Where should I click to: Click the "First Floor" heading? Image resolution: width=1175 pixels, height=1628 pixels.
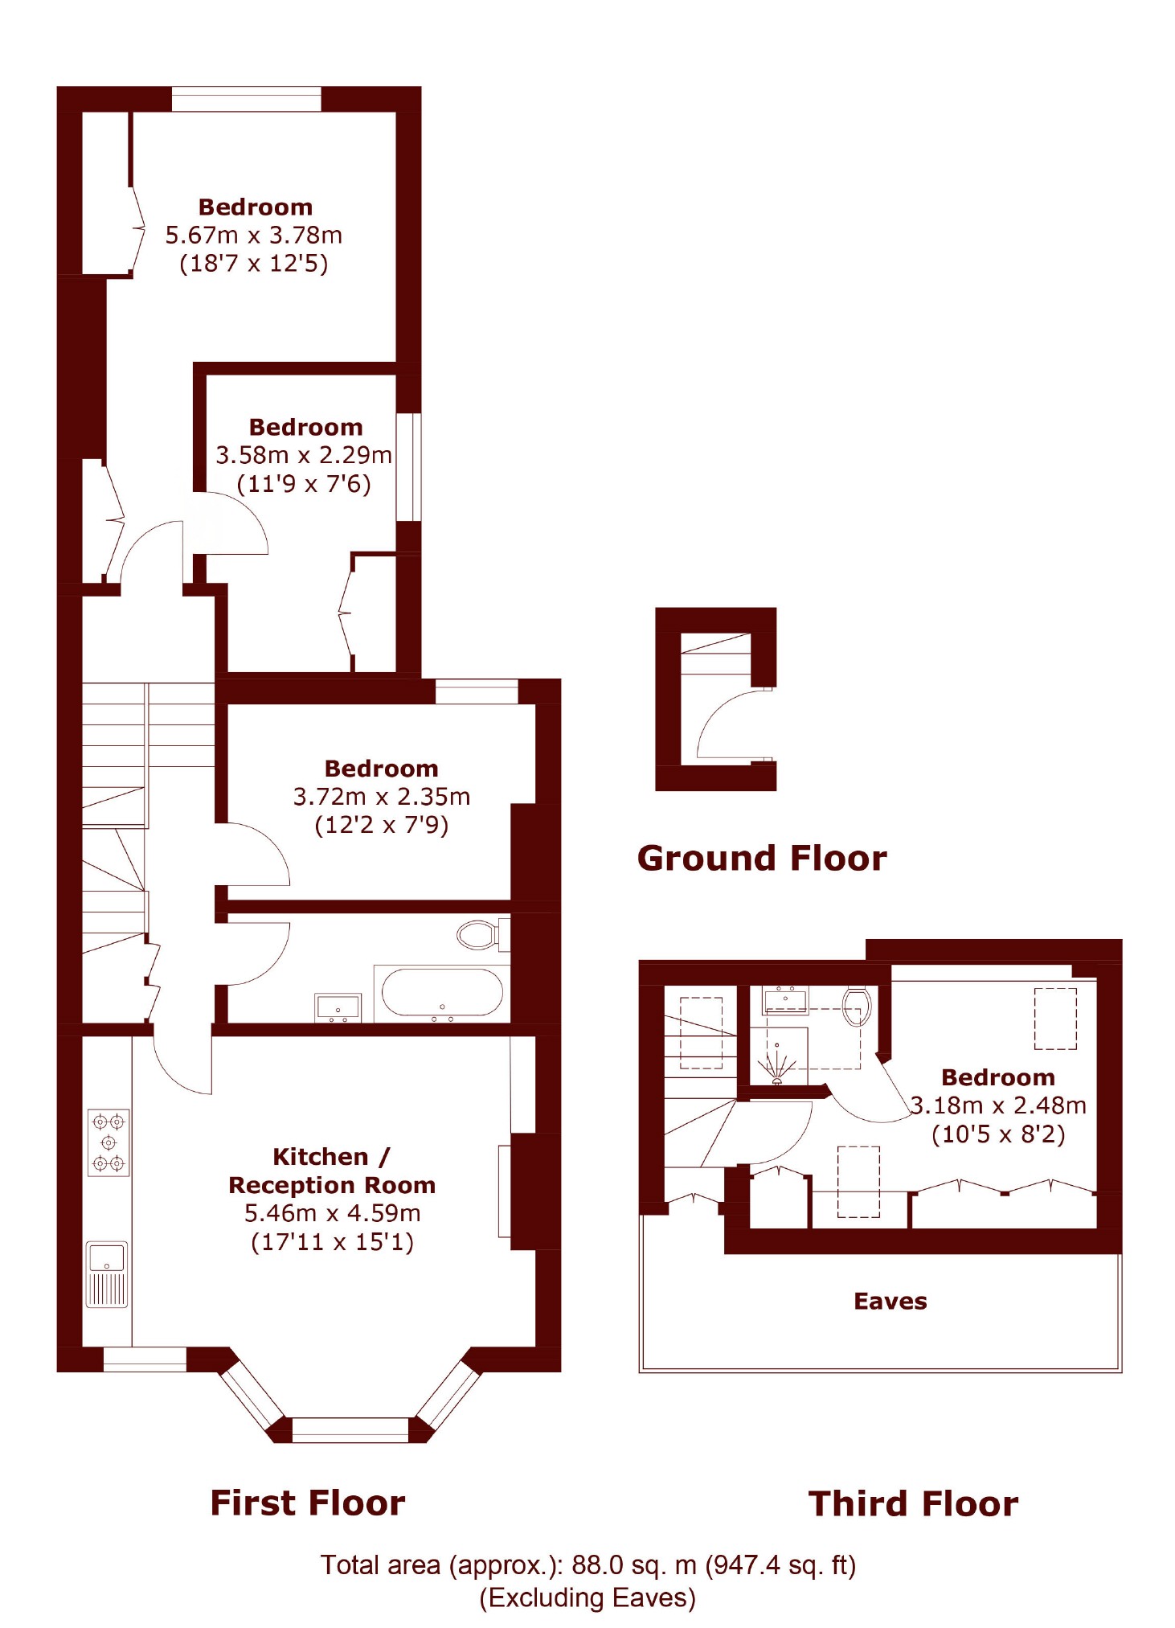(308, 1503)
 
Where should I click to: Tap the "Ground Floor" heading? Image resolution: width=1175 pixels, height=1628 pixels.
(762, 859)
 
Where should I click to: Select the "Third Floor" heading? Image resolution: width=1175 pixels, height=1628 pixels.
(914, 1504)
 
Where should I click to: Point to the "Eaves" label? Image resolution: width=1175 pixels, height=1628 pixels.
(890, 1302)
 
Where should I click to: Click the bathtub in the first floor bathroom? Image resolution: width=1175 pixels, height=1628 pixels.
(442, 993)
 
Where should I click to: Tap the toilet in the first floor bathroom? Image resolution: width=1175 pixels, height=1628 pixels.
(482, 934)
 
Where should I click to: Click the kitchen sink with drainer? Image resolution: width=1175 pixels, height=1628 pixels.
(107, 1275)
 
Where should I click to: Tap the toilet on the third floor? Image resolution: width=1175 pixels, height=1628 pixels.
(858, 1007)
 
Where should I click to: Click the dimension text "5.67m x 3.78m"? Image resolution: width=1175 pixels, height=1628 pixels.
(254, 236)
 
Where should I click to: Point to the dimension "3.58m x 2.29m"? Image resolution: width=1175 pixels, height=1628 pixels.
(304, 456)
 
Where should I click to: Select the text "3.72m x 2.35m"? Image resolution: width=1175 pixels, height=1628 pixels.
(382, 797)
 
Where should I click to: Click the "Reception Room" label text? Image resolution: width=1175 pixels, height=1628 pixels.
(332, 1185)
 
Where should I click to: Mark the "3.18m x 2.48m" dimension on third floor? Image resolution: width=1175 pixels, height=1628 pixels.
(998, 1105)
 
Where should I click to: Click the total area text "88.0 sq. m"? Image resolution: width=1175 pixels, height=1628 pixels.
(634, 1565)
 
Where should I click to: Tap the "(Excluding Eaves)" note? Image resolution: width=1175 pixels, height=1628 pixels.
(587, 1598)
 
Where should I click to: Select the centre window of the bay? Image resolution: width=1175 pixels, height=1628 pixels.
(350, 1429)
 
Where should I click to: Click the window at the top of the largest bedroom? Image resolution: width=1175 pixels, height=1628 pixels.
(246, 99)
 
